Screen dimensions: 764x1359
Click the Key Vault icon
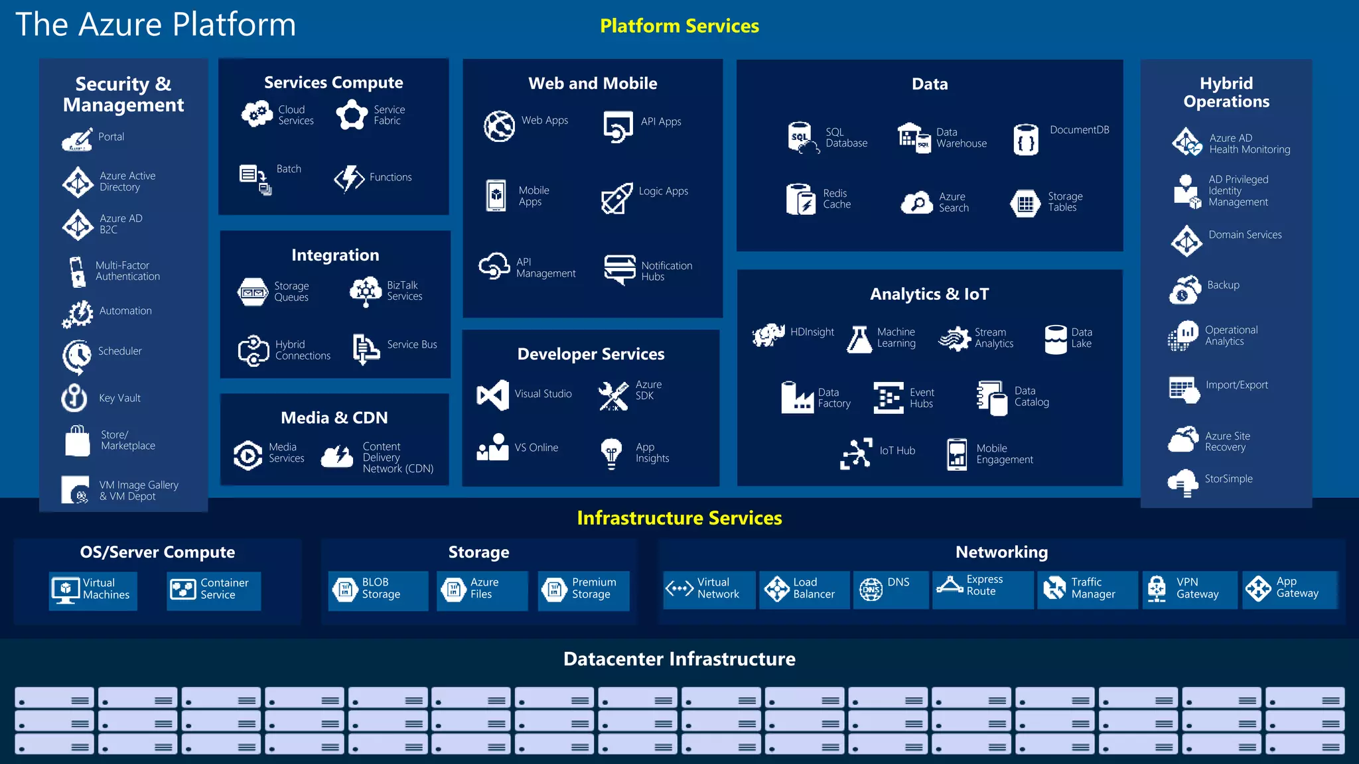[74, 398]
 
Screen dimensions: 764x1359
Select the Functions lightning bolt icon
[349, 178]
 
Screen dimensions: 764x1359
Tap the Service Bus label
[411, 345]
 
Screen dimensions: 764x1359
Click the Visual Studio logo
[492, 395]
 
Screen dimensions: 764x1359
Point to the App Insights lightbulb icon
[611, 454]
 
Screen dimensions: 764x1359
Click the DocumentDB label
[1079, 130]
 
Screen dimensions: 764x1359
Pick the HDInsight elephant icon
[768, 335]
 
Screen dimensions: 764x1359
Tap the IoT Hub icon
[856, 454]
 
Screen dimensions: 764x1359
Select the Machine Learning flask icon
[859, 339]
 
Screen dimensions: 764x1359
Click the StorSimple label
[1228, 479]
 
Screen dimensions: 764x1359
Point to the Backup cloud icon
[1185, 290]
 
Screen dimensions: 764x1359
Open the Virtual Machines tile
[93, 590]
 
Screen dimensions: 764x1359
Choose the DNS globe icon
[871, 589]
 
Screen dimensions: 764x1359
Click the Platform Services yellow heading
[679, 26]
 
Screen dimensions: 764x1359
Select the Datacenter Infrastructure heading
[679, 659]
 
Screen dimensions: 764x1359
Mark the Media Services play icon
[248, 456]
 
